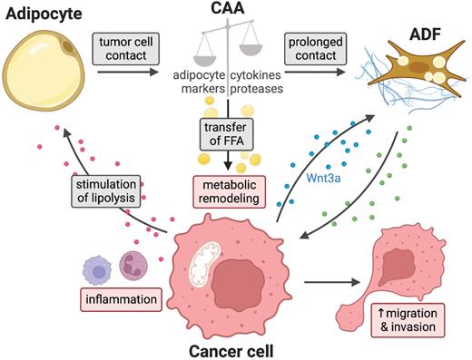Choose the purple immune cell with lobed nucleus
[x=133, y=268]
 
